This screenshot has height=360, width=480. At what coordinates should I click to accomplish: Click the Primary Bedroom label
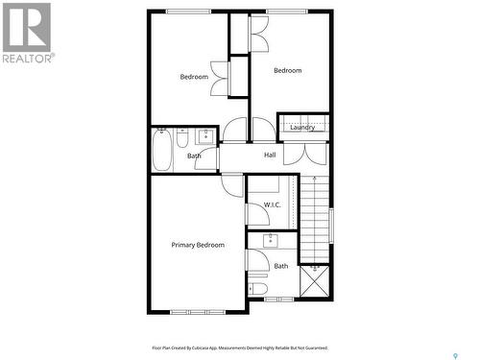[198, 245]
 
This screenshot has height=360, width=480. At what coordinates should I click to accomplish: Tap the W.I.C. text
[272, 205]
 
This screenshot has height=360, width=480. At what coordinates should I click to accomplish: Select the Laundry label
[302, 127]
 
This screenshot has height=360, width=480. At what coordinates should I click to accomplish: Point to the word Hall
[270, 156]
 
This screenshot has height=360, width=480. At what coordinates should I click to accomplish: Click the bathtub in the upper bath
[161, 150]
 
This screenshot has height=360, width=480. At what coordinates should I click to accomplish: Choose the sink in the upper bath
[205, 135]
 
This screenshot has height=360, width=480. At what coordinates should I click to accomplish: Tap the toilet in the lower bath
[257, 288]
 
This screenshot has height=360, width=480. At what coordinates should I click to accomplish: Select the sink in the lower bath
[272, 240]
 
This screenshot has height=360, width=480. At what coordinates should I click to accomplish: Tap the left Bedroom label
[194, 77]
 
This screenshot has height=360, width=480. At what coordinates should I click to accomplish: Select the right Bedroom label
[287, 70]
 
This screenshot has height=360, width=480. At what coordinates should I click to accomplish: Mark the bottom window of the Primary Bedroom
[196, 311]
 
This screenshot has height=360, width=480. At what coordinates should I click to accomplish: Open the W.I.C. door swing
[233, 184]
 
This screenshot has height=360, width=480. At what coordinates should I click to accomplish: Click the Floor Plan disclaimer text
[240, 348]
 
